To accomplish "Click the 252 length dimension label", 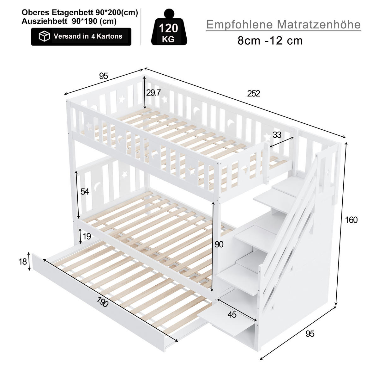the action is [x=254, y=94].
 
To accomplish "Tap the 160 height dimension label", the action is [x=351, y=220].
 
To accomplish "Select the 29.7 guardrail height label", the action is [x=153, y=92].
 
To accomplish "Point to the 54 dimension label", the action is [x=85, y=191].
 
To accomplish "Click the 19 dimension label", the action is [x=87, y=236].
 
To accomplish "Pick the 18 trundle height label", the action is [x=23, y=262].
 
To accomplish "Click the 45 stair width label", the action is [x=232, y=315].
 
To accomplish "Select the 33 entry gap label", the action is [x=277, y=135].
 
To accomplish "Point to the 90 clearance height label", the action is [x=219, y=245].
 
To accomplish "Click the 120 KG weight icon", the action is [x=169, y=27].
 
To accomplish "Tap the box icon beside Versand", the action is [x=44, y=36].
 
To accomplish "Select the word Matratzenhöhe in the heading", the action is [x=319, y=25].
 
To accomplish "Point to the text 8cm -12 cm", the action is [x=270, y=40].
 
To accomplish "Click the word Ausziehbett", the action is [x=45, y=21].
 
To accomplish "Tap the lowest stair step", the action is [x=227, y=320].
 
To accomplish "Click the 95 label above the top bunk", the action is [x=104, y=76].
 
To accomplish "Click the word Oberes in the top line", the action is [x=35, y=13].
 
